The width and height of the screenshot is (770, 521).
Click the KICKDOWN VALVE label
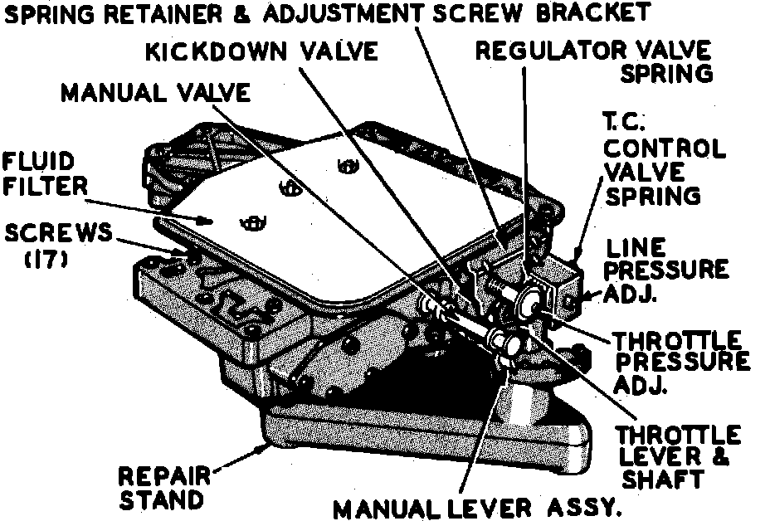(x=261, y=51)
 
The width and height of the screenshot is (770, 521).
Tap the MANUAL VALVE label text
(x=155, y=92)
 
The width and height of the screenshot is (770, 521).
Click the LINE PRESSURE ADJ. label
(x=667, y=269)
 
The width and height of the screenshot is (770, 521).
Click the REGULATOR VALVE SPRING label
(x=594, y=61)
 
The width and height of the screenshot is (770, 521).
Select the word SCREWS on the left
(x=57, y=233)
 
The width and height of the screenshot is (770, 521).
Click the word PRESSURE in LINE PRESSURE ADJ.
(x=667, y=269)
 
